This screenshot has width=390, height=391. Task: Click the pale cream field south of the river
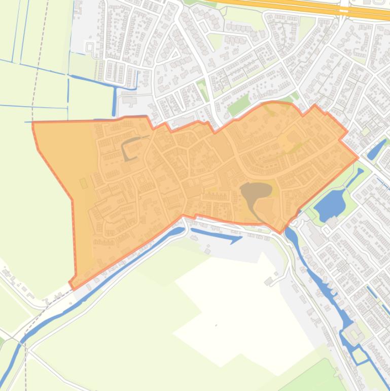pos(238,305)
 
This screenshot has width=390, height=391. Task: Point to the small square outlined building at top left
pos(90,47)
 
